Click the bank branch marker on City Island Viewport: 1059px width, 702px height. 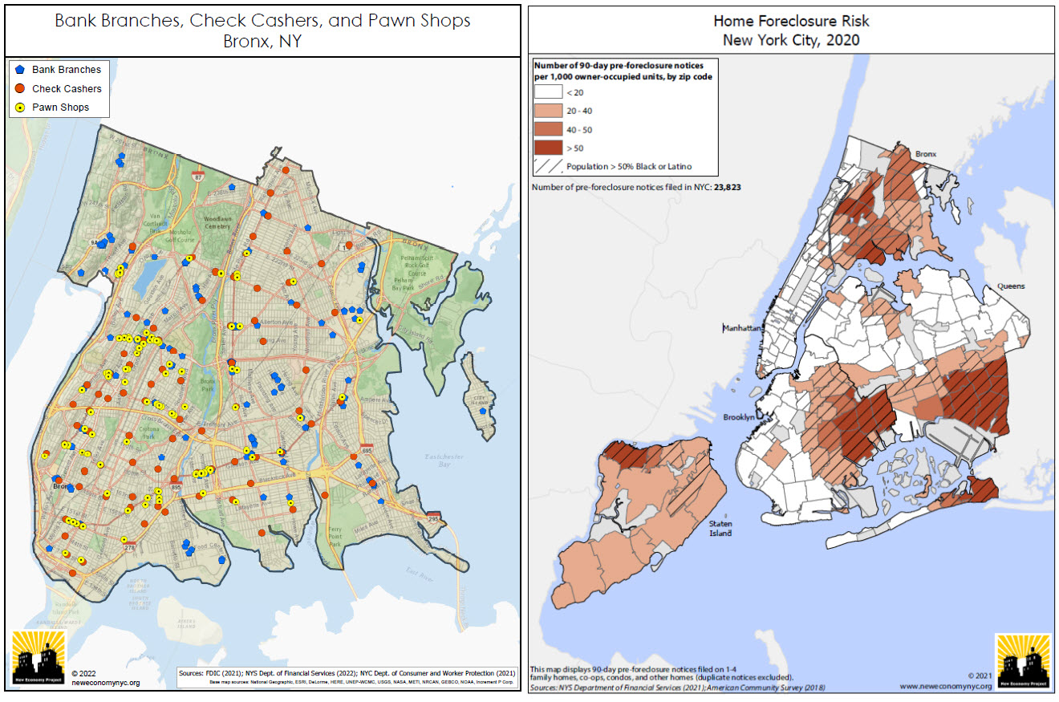tap(482, 410)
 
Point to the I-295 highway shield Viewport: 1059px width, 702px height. tap(434, 518)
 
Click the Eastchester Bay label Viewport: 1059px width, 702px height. tap(440, 461)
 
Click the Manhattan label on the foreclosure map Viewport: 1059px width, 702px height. tap(742, 328)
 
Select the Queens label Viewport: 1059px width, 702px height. tap(1010, 286)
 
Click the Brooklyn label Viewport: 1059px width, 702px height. tap(738, 417)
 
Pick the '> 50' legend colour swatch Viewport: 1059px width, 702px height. tap(548, 148)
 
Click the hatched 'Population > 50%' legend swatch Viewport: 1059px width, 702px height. tap(548, 166)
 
